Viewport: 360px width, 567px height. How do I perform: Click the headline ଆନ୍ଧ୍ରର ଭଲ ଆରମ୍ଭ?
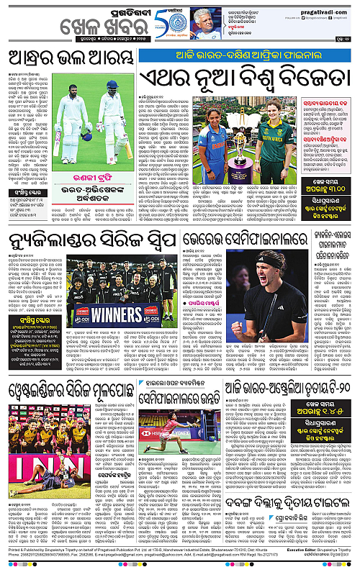click(69, 60)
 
